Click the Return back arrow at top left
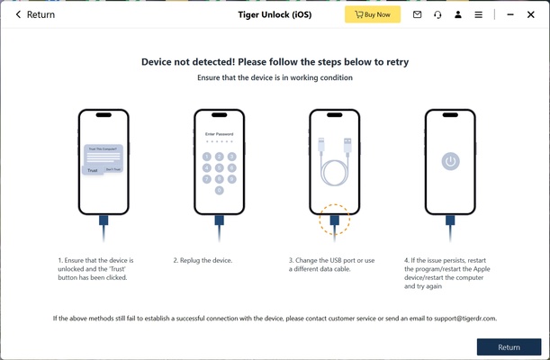click(x=18, y=14)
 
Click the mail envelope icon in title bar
click(x=417, y=14)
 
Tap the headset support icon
click(x=437, y=14)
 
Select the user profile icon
click(x=458, y=14)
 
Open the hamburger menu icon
click(x=479, y=14)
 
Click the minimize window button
click(x=509, y=14)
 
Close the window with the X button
click(x=532, y=14)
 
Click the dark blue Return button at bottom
click(x=509, y=346)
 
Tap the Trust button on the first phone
click(x=92, y=169)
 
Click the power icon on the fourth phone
click(x=450, y=161)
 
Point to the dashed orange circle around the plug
click(x=335, y=219)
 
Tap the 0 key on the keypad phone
click(x=220, y=190)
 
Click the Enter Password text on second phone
click(x=219, y=133)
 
